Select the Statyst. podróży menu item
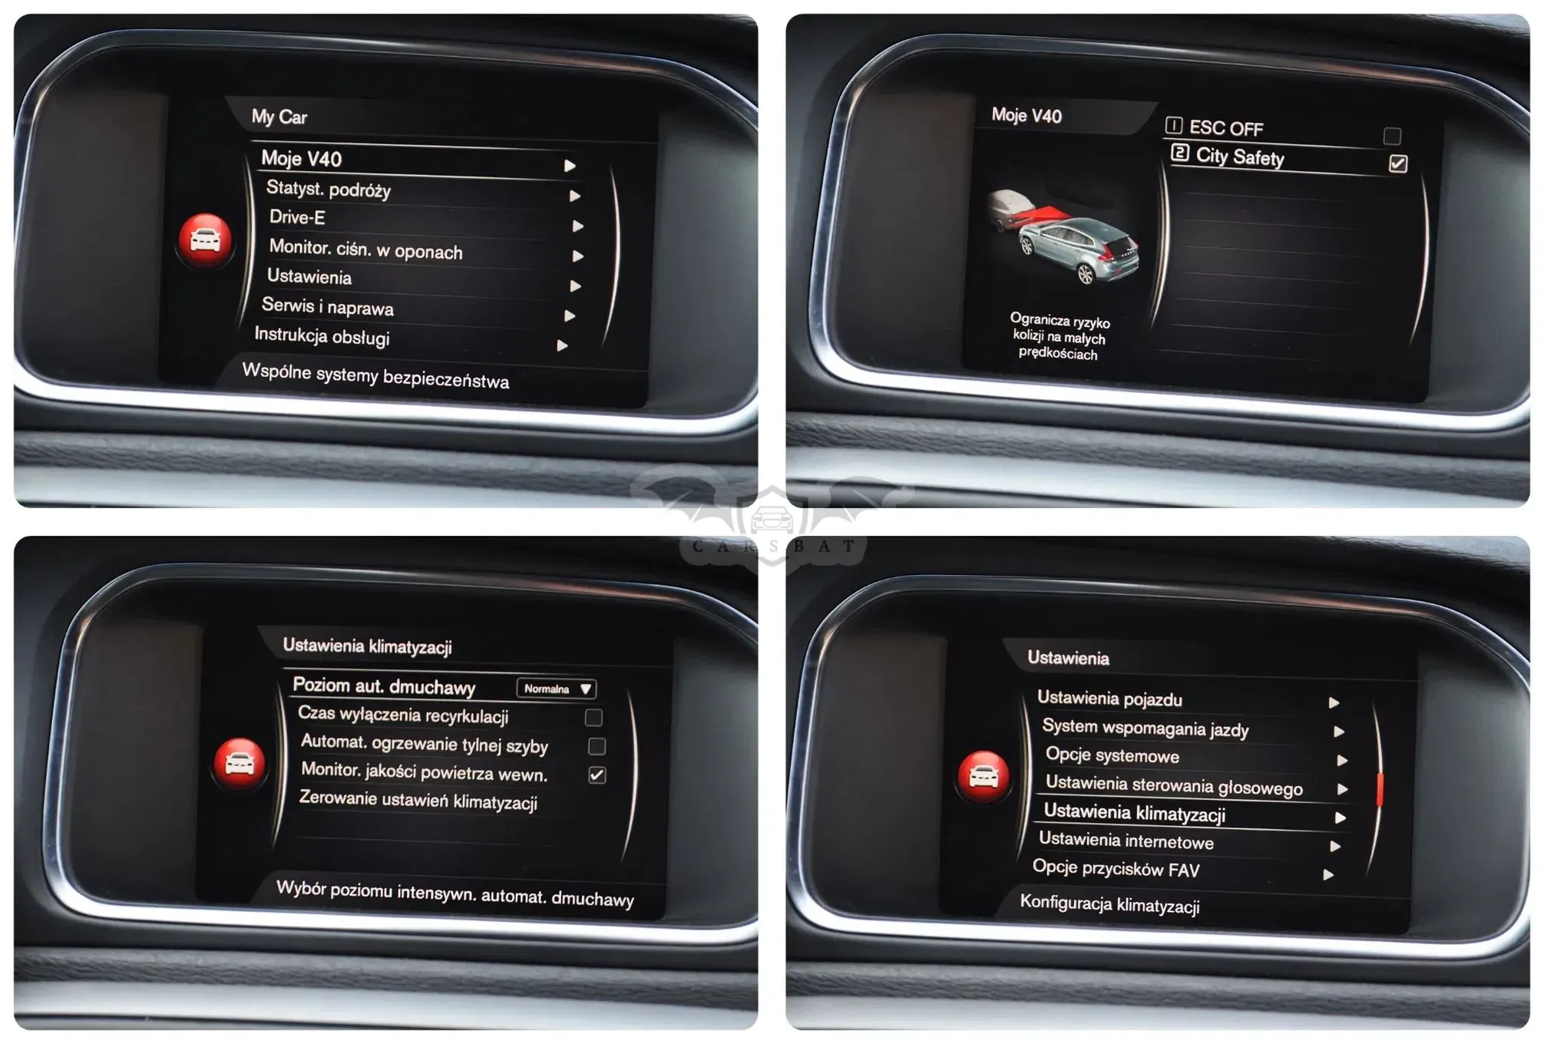coord(329,189)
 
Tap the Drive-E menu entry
coord(297,217)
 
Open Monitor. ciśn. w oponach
coord(365,249)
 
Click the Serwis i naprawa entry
coord(328,306)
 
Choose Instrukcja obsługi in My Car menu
coord(322,335)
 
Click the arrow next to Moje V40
coord(570,166)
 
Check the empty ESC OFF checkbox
coord(1392,136)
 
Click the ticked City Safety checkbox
coord(1398,164)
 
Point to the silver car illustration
coord(1079,247)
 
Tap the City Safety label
coord(1240,157)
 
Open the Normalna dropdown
coord(557,689)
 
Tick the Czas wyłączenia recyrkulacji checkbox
coord(593,717)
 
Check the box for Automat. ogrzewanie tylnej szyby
coord(597,746)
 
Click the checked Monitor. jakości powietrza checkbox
coord(597,775)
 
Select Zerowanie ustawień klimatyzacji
coord(418,800)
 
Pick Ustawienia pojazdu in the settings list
coord(1109,698)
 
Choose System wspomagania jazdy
coord(1145,727)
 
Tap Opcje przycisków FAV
coord(1116,868)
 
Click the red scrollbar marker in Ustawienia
coord(1380,789)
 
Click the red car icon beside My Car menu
coord(205,240)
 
